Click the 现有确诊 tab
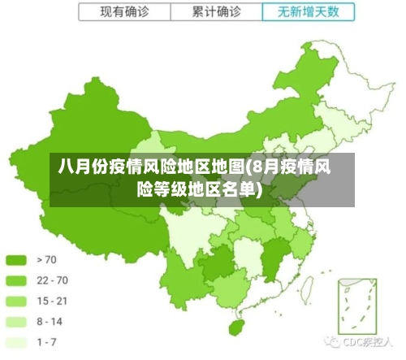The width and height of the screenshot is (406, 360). pyautogui.click(x=124, y=12)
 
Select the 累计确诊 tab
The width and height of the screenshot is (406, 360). pyautogui.click(x=217, y=12)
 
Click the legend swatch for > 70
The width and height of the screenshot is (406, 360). pyautogui.click(x=17, y=260)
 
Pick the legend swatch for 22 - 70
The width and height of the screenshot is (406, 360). pyautogui.click(x=17, y=280)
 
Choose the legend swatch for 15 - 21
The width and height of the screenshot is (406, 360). pyautogui.click(x=17, y=301)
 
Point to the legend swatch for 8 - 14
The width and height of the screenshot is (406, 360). pyautogui.click(x=17, y=321)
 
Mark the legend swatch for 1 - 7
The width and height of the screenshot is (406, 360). pyautogui.click(x=17, y=341)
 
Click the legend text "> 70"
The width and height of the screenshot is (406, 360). pyautogui.click(x=46, y=260)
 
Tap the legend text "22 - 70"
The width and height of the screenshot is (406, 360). pyautogui.click(x=52, y=280)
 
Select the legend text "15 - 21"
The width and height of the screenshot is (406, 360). pyautogui.click(x=52, y=301)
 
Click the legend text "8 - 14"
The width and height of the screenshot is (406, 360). pyautogui.click(x=50, y=321)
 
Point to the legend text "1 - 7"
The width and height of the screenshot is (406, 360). pyautogui.click(x=47, y=341)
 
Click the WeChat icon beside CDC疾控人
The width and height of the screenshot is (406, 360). pyautogui.click(x=332, y=342)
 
